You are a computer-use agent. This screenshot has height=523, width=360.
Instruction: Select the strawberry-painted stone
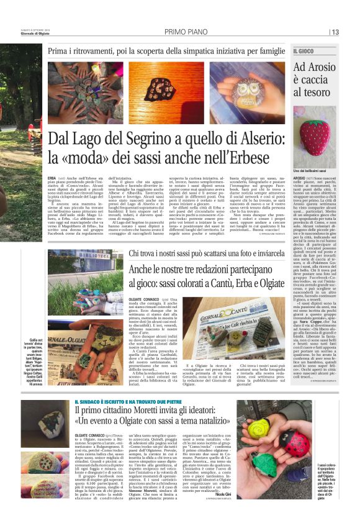point(315,134)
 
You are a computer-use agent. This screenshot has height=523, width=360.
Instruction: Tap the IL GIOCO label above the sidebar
point(304,51)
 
